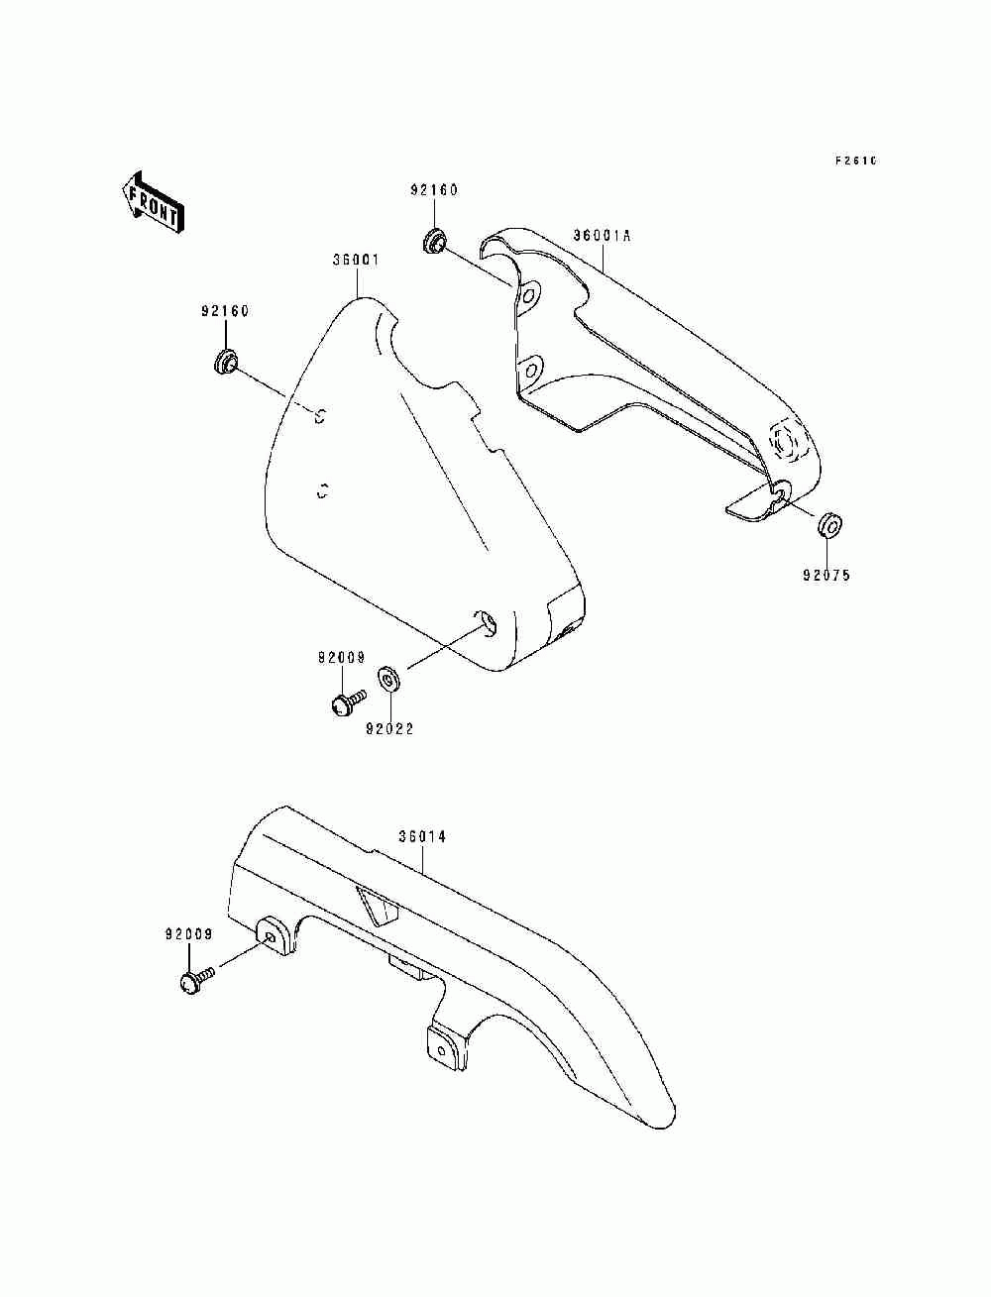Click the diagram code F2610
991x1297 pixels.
click(x=856, y=161)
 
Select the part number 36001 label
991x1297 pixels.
click(x=355, y=260)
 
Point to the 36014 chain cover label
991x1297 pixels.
click(x=423, y=837)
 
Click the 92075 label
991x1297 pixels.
click(x=826, y=574)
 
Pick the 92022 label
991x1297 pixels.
click(x=389, y=728)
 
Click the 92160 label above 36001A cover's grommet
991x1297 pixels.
click(x=434, y=190)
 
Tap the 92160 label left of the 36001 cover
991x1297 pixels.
click(x=225, y=311)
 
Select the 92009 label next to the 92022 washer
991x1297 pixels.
click(x=341, y=656)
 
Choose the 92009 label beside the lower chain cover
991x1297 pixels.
click(x=188, y=933)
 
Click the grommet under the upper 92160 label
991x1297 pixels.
click(x=434, y=241)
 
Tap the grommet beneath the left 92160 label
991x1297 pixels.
click(x=225, y=362)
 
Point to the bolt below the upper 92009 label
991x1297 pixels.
click(x=346, y=703)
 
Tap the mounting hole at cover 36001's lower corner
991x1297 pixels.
click(x=487, y=619)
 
